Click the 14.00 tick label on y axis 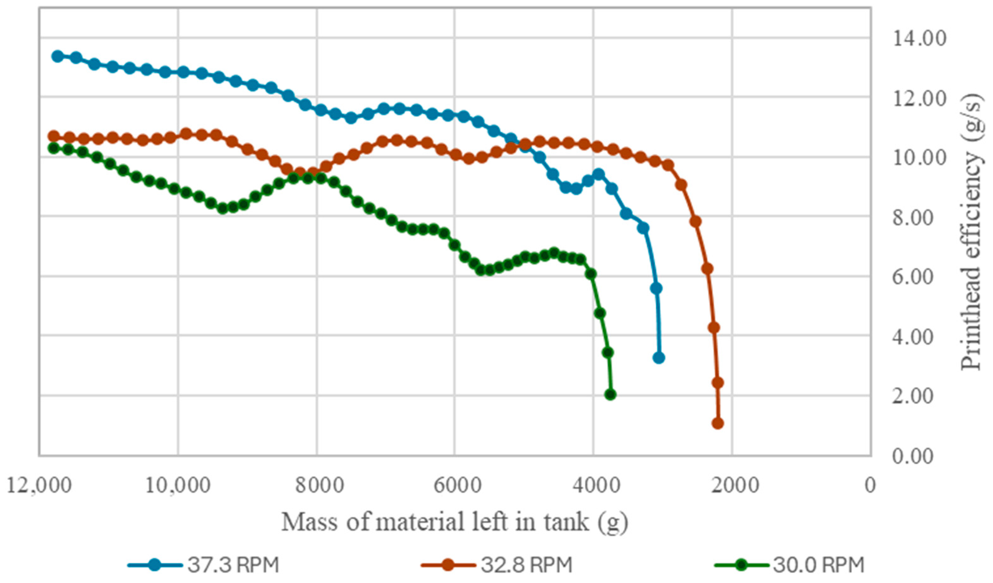[x=919, y=39]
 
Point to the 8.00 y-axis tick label [x=913, y=218]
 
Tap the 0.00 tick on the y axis [x=913, y=456]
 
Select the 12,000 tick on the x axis [x=40, y=485]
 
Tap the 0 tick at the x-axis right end [x=870, y=485]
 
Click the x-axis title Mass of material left [x=455, y=522]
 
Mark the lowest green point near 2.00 [x=610, y=395]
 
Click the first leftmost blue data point [x=58, y=56]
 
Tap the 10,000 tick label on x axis [x=178, y=485]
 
